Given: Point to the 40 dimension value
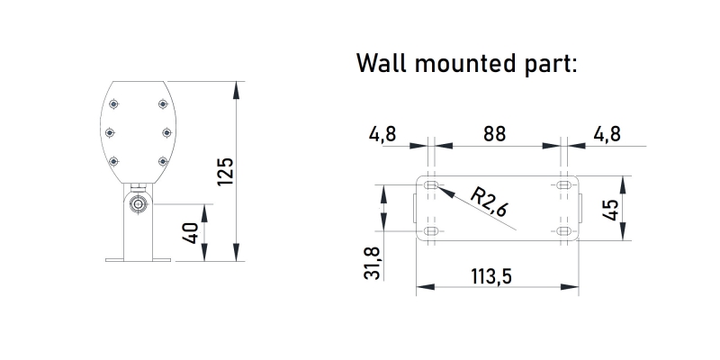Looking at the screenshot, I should click(190, 233).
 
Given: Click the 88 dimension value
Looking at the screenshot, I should click(494, 134).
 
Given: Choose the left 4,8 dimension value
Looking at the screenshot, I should click(382, 134).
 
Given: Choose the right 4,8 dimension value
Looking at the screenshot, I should click(607, 134).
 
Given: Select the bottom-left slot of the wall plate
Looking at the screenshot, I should click(432, 231).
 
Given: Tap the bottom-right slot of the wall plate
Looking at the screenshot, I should click(563, 231).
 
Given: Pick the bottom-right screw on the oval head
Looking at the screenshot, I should click(163, 161).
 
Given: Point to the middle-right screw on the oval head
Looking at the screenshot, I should click(166, 132).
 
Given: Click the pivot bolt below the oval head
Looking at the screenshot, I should click(139, 204).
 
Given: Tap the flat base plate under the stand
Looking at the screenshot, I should click(138, 260).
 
